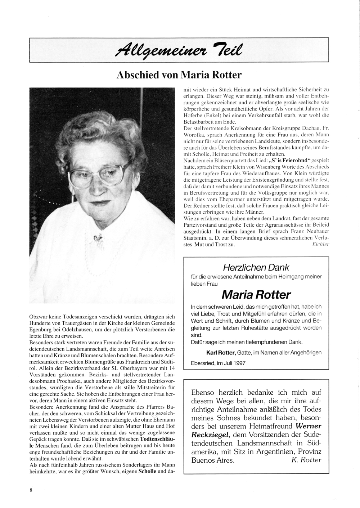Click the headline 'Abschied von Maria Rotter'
(x=179, y=75)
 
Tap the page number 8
(x=31, y=490)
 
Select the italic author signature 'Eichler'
(x=319, y=245)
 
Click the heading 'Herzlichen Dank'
(x=256, y=267)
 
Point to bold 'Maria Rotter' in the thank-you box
(x=256, y=295)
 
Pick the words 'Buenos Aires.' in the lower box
(x=212, y=460)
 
